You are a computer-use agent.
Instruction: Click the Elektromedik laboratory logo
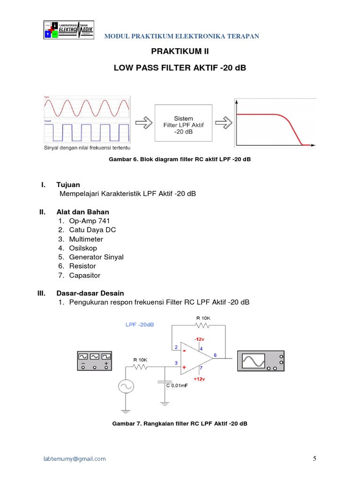pyautogui.click(x=68, y=30)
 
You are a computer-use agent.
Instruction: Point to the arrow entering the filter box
pyautogui.click(x=143, y=122)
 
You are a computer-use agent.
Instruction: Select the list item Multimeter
pyautogui.click(x=86, y=239)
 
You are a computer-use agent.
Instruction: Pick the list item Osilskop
pyautogui.click(x=83, y=248)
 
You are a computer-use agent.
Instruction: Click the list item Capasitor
pyautogui.click(x=85, y=275)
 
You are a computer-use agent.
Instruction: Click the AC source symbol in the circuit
pyautogui.click(x=126, y=386)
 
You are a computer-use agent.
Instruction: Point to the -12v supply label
pyautogui.click(x=200, y=338)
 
